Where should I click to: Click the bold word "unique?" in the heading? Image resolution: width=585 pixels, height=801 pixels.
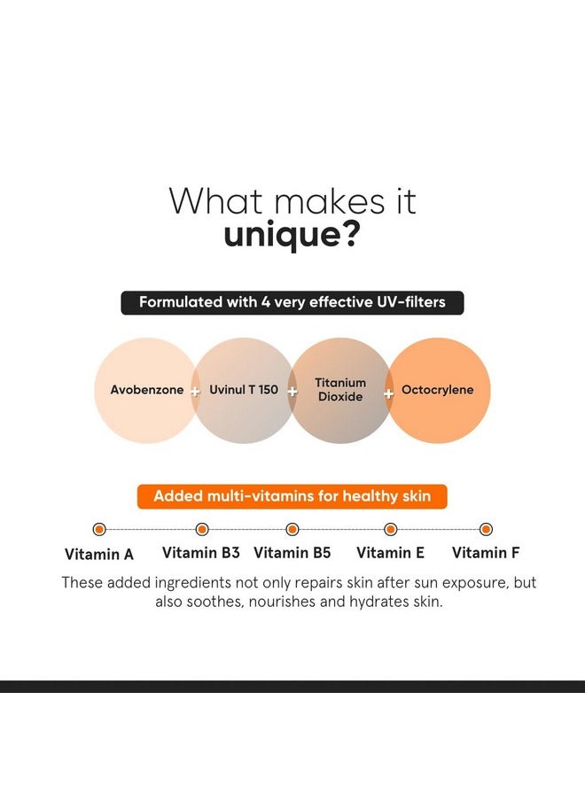[x=292, y=236]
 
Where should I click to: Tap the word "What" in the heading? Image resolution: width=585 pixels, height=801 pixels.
[x=213, y=201]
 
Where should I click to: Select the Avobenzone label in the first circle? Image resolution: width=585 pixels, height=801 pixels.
[x=147, y=390]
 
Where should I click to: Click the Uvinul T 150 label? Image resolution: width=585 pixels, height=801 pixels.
[x=244, y=390]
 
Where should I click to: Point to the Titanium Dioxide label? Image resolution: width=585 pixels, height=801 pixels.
[x=340, y=390]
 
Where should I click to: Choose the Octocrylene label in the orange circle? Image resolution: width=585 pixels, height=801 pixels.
[x=438, y=390]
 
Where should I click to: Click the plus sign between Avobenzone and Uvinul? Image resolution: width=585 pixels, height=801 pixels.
[x=195, y=391]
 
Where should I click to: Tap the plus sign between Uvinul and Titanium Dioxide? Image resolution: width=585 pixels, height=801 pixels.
[x=292, y=391]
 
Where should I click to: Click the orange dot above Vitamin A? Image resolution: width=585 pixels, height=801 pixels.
[x=99, y=529]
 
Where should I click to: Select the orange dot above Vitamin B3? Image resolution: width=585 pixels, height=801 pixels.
[x=202, y=529]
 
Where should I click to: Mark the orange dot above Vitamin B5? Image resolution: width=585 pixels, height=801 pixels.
[x=292, y=529]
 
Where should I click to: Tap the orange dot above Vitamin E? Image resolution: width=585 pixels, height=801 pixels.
[x=390, y=529]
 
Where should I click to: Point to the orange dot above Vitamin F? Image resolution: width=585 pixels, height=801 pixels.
[x=486, y=529]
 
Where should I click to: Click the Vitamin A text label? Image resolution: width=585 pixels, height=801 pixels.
[x=99, y=555]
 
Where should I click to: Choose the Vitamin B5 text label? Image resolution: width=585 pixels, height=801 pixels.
[x=292, y=553]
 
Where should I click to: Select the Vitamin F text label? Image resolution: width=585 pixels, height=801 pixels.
[x=486, y=553]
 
